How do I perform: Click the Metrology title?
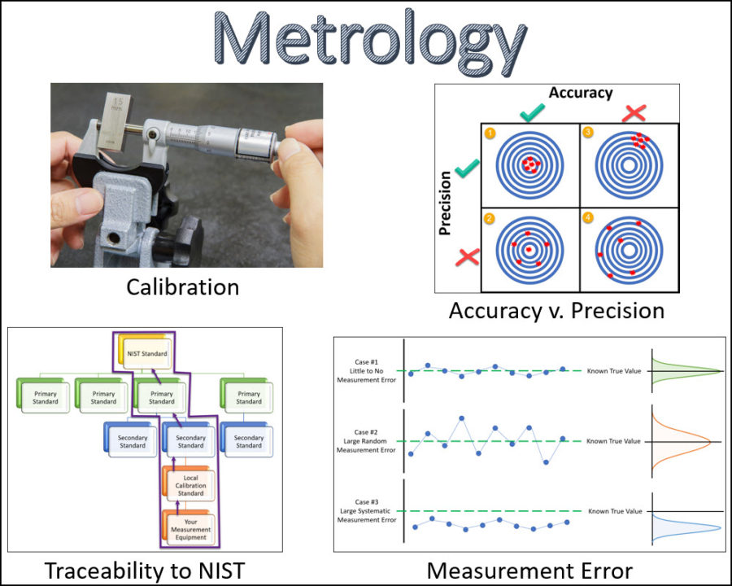click(x=370, y=42)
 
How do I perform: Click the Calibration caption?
click(x=182, y=287)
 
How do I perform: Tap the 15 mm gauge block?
click(x=115, y=121)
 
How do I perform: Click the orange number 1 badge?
click(x=490, y=133)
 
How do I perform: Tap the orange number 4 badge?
click(x=588, y=217)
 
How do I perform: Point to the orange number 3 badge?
click(x=588, y=132)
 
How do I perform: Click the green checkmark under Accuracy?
click(x=532, y=112)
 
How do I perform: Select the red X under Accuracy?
click(x=634, y=113)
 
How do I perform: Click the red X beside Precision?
click(x=468, y=257)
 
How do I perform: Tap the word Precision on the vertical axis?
click(x=445, y=203)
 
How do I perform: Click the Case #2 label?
click(x=366, y=440)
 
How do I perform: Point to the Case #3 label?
click(x=367, y=511)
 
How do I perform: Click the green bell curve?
click(x=687, y=371)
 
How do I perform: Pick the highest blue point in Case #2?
click(x=461, y=418)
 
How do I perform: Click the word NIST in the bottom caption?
click(x=222, y=571)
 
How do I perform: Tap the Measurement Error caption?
click(x=529, y=571)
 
